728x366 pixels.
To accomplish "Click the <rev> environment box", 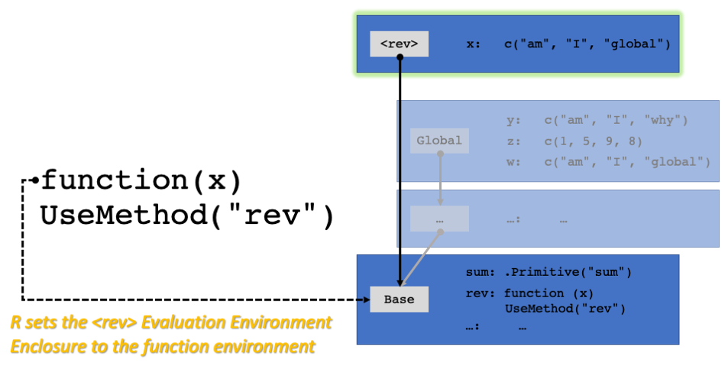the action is [399, 44].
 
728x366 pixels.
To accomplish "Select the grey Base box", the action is [399, 300].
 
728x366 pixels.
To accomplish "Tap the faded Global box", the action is [439, 141].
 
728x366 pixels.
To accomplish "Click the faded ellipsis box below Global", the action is [439, 219].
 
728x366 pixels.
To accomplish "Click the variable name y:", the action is [513, 120].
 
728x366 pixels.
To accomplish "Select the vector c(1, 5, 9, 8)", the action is [594, 141].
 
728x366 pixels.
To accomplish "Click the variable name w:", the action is [513, 162].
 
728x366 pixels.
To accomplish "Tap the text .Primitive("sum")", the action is [568, 272].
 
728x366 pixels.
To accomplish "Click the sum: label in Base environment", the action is [480, 272].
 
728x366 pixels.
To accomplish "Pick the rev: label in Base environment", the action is [480, 293].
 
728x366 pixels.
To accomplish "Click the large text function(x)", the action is [141, 180].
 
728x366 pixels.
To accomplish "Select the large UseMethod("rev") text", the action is [187, 215].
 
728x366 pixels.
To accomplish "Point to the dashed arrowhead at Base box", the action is [367, 300].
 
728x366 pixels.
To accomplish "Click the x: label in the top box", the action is [474, 44].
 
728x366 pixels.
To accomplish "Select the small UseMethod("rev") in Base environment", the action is [565, 309].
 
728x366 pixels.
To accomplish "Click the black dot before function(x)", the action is [35, 180].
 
